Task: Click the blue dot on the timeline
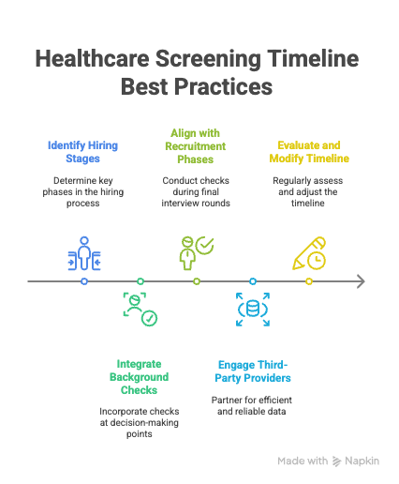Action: coord(84,281)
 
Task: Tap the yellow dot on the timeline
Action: coord(309,281)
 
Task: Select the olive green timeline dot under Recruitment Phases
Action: coord(197,281)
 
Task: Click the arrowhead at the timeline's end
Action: coord(362,281)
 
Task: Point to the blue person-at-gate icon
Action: coord(84,253)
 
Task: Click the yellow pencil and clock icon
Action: coord(309,253)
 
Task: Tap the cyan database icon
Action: coord(253,310)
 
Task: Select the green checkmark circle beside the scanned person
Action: coord(149,318)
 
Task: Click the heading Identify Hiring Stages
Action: coord(82,152)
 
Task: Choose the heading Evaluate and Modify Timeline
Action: coord(309,152)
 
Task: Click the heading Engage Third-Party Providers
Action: coord(253,371)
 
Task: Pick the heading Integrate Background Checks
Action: coord(139,377)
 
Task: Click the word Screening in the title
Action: coord(208,59)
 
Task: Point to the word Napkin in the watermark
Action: coord(362,461)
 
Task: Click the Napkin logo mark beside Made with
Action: coord(336,461)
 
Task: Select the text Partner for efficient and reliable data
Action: coord(252,405)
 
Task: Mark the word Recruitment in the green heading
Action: coord(196,146)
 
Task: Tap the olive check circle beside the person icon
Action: coord(205,245)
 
